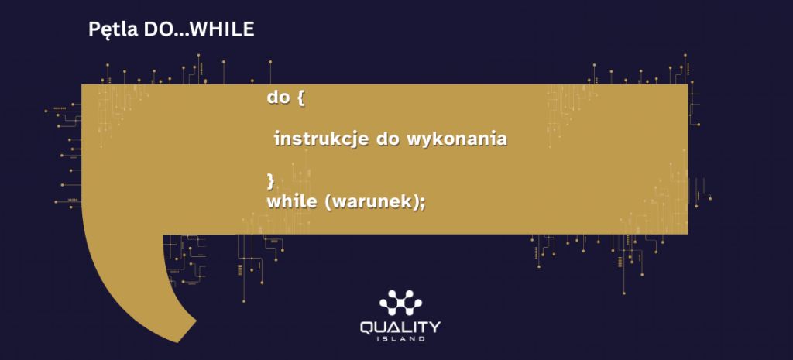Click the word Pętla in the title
click(114, 30)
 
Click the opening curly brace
click(301, 97)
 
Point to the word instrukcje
click(321, 139)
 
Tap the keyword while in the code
click(291, 201)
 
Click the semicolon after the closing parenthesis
click(422, 204)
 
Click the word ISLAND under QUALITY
click(400, 339)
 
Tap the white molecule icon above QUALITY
click(400, 303)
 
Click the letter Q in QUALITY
click(368, 327)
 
